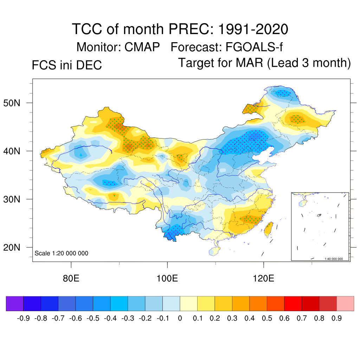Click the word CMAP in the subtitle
(142, 47)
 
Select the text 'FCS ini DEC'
(67, 65)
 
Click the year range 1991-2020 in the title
(253, 29)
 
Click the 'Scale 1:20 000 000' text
(62, 253)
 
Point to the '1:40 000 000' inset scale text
(334, 259)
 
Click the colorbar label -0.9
(24, 319)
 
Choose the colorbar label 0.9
(336, 319)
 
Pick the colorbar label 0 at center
(180, 319)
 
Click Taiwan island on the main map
(269, 229)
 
